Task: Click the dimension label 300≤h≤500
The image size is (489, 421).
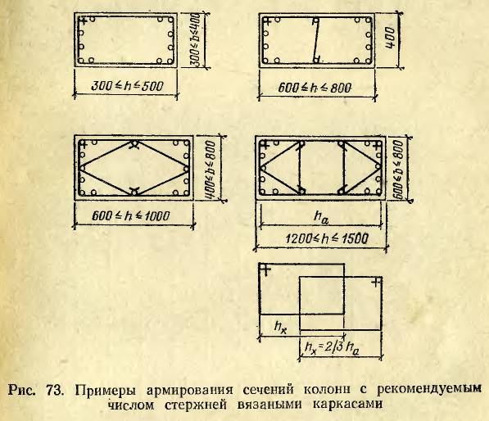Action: tap(127, 86)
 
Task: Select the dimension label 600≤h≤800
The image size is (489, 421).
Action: tap(315, 88)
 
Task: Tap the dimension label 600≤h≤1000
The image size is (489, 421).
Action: tap(131, 215)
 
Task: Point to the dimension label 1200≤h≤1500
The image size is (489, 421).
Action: tap(327, 239)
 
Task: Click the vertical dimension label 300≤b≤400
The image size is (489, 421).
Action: tap(196, 39)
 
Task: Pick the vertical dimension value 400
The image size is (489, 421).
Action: tap(390, 38)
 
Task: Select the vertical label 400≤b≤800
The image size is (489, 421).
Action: tap(211, 169)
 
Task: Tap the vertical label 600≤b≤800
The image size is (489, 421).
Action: tap(398, 169)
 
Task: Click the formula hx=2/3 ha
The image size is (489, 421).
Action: tap(332, 348)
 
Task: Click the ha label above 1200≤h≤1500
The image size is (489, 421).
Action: tap(321, 217)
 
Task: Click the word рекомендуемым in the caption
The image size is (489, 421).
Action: tap(429, 390)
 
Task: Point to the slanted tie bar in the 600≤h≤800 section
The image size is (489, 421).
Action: tap(315, 39)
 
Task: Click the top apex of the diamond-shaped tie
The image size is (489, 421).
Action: tap(134, 143)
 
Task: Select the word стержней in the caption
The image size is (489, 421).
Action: tap(196, 405)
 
